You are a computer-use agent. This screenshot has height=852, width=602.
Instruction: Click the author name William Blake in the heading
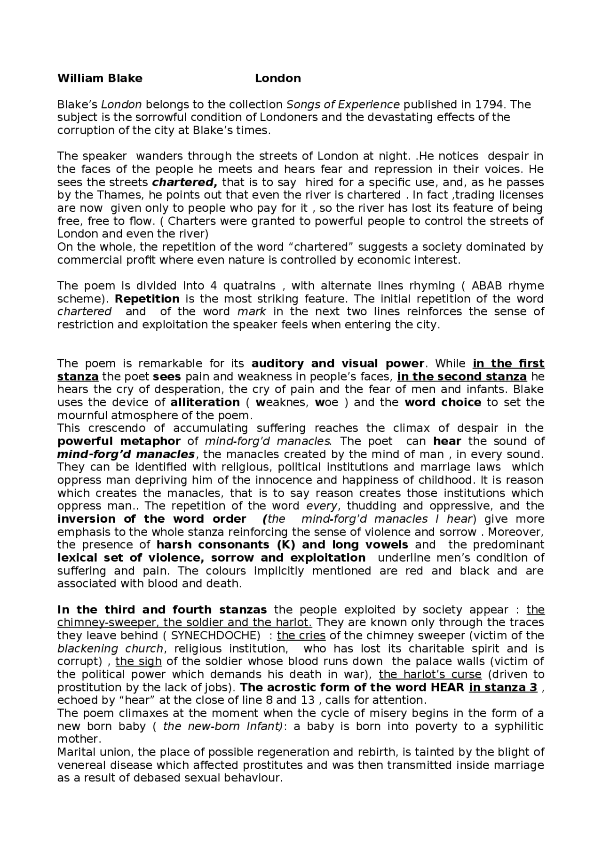pos(100,78)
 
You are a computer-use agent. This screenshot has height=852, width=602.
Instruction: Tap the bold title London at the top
pos(277,78)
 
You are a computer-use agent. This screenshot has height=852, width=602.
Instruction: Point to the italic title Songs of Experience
pos(343,104)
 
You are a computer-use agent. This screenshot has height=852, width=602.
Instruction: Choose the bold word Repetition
pos(147,299)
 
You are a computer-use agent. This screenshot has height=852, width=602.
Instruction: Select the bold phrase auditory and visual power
pos(338,364)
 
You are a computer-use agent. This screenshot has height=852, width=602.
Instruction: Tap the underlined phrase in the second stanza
pos(462,377)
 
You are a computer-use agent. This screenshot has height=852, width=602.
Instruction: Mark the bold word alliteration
pos(205,403)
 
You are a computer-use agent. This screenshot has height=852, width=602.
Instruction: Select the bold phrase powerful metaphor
pos(119,441)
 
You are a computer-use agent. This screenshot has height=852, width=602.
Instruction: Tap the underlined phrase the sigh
pos(139,661)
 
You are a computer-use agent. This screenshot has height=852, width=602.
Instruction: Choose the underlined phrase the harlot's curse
pos(430,675)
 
